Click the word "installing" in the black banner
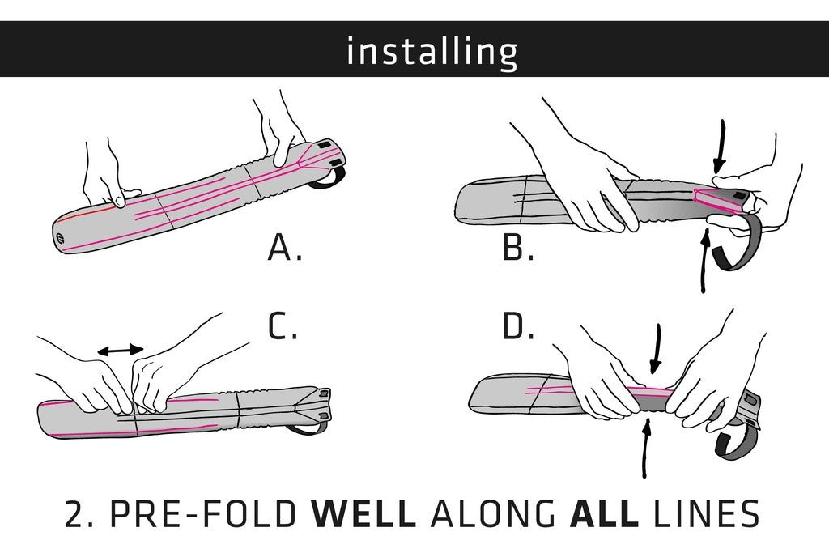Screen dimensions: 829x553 [432, 52]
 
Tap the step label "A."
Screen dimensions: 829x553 [285, 248]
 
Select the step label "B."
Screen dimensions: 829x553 [519, 248]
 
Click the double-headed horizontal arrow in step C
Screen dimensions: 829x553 [121, 350]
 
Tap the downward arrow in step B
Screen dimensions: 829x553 [719, 147]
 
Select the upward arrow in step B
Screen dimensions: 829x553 [704, 261]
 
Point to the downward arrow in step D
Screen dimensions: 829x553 [656, 350]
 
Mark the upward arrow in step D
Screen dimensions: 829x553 [645, 447]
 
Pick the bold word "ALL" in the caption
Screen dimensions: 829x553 [604, 513]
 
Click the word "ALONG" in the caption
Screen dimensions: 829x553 [493, 513]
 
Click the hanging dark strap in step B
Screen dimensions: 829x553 [737, 243]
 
